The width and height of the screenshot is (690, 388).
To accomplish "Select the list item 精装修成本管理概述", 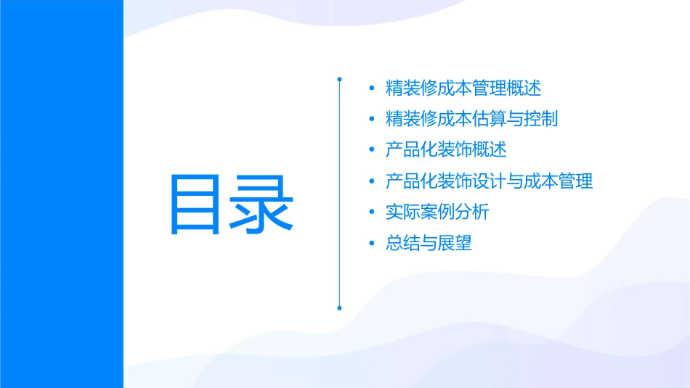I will (x=463, y=88).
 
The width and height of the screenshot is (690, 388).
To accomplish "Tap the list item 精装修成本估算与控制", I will (x=471, y=119).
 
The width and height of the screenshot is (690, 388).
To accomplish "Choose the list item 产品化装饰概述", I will (x=446, y=150).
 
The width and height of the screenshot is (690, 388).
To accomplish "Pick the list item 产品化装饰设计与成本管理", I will (x=489, y=181).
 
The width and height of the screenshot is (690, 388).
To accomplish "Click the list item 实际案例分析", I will (x=437, y=212).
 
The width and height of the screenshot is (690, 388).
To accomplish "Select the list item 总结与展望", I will (x=429, y=243).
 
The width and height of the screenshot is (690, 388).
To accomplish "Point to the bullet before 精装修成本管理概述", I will (x=372, y=89).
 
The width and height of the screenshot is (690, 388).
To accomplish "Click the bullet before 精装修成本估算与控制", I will (x=372, y=120).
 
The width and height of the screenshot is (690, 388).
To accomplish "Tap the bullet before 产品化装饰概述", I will (x=372, y=151).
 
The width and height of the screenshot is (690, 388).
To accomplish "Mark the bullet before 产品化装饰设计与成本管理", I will (x=372, y=181).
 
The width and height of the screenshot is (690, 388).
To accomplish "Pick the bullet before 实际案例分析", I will (x=372, y=212).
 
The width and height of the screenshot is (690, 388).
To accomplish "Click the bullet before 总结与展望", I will (x=372, y=243).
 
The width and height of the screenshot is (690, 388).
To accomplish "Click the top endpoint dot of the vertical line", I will (x=339, y=78).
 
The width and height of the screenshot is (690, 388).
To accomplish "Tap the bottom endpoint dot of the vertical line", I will (x=339, y=307).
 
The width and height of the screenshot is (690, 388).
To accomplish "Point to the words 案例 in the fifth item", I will (x=437, y=212).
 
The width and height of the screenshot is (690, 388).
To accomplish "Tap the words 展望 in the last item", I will (x=455, y=243).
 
